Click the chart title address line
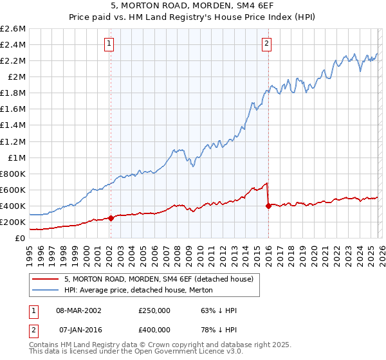(193, 6)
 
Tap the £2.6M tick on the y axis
(13, 29)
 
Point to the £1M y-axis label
(15, 157)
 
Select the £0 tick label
(21, 239)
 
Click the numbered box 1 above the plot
(109, 44)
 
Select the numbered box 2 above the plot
(266, 44)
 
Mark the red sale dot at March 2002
(111, 217)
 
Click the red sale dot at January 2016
(268, 206)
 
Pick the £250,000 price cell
(154, 310)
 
